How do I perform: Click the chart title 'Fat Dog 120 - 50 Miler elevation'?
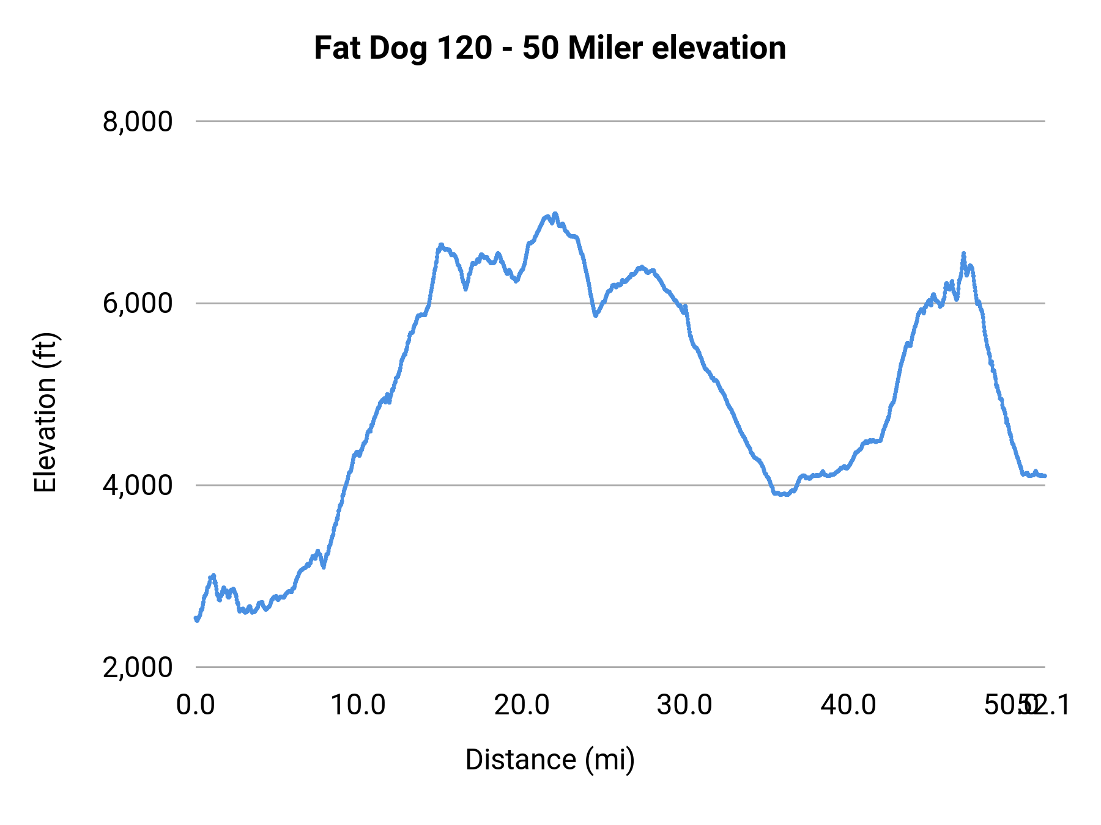(550, 48)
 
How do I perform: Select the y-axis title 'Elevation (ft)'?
(45, 413)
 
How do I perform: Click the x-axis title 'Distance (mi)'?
(550, 760)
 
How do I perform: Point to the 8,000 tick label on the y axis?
(138, 122)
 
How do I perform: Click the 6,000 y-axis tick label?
(138, 303)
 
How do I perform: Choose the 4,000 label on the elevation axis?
(138, 485)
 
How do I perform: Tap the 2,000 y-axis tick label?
(138, 667)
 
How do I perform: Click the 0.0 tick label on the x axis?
(196, 705)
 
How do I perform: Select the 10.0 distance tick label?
(358, 705)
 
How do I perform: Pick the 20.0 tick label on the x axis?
(522, 705)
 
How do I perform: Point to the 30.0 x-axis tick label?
(684, 705)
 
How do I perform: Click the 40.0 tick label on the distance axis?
(848, 705)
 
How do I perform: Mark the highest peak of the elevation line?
(555, 214)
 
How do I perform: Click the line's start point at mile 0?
(196, 619)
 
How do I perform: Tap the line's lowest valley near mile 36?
(783, 494)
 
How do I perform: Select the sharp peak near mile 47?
(963, 254)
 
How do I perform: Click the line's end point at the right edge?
(1045, 475)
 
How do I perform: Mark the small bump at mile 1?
(213, 576)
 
